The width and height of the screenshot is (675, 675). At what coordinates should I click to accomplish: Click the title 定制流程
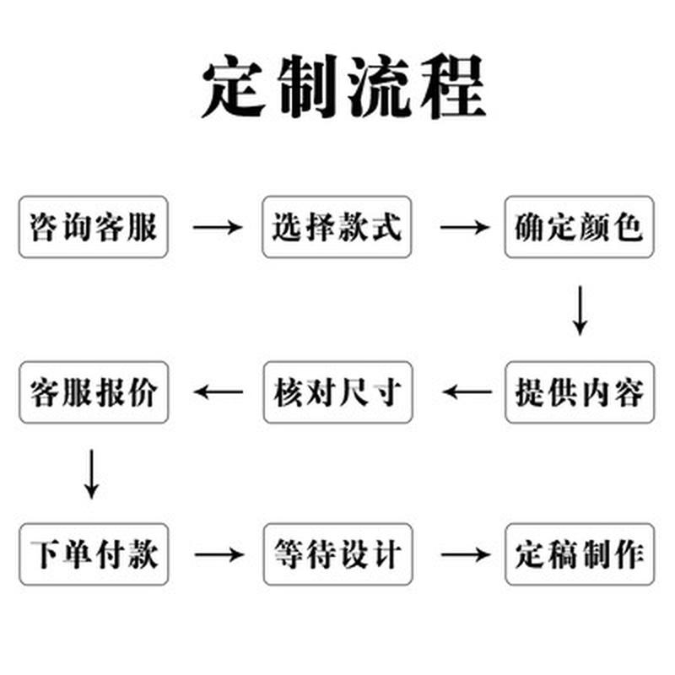(343, 88)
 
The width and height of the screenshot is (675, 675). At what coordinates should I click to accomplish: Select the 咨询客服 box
(94, 227)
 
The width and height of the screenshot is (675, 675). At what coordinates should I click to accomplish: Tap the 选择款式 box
(337, 227)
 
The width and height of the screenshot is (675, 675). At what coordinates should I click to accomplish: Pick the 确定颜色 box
(580, 227)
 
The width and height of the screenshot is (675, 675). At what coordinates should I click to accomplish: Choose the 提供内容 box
(580, 392)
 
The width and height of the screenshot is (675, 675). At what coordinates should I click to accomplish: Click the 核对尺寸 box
(337, 392)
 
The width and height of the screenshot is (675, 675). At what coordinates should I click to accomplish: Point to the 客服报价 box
(94, 392)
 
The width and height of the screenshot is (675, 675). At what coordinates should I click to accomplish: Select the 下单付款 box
(94, 554)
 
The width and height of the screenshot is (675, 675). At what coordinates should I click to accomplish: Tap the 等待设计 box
(337, 554)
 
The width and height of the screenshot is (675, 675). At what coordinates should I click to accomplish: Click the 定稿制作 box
(580, 554)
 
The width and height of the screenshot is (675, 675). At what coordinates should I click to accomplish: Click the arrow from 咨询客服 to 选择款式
(218, 227)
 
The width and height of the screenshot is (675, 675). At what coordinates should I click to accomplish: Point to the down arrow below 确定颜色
(580, 310)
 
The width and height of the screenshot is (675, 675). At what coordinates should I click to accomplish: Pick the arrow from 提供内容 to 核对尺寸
(467, 391)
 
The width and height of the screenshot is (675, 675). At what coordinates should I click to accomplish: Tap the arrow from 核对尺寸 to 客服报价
(219, 391)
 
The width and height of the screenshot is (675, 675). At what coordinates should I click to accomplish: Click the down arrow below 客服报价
(93, 473)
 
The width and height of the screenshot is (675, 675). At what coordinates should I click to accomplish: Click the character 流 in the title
(379, 88)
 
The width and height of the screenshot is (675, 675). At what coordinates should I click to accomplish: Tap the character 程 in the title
(451, 88)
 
